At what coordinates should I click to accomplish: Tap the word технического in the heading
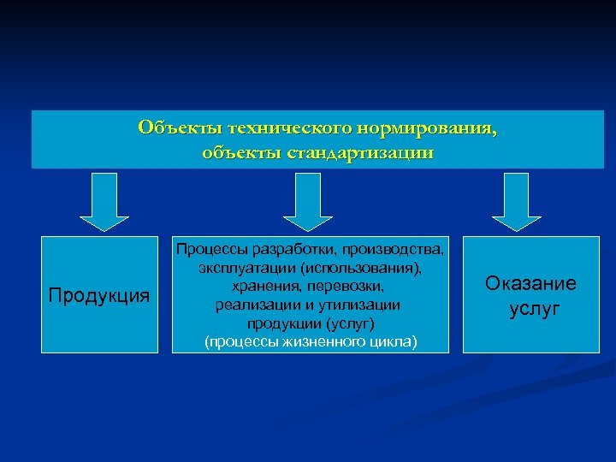[x=281, y=128]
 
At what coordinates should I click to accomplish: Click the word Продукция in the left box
[x=98, y=296]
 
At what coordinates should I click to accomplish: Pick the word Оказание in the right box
[x=530, y=283]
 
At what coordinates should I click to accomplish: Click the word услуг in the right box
[x=534, y=309]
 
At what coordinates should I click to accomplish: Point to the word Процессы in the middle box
[x=209, y=250]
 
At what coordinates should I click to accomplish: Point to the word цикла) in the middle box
[x=394, y=341]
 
